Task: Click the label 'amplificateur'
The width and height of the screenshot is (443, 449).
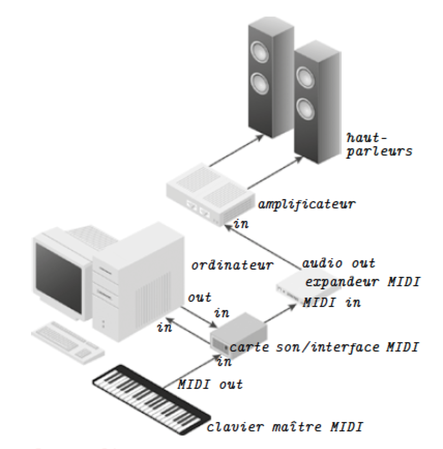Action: (307, 204)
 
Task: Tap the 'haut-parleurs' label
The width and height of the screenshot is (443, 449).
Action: (379, 145)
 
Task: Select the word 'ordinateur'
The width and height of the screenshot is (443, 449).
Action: (232, 265)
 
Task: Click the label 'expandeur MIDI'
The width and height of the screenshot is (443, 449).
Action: (362, 282)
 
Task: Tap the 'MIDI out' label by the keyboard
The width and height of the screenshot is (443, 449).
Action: (210, 385)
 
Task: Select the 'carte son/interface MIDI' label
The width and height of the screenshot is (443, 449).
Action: (323, 347)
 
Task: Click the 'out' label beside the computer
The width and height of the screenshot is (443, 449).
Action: (199, 298)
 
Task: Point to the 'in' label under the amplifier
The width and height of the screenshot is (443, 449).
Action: (241, 224)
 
